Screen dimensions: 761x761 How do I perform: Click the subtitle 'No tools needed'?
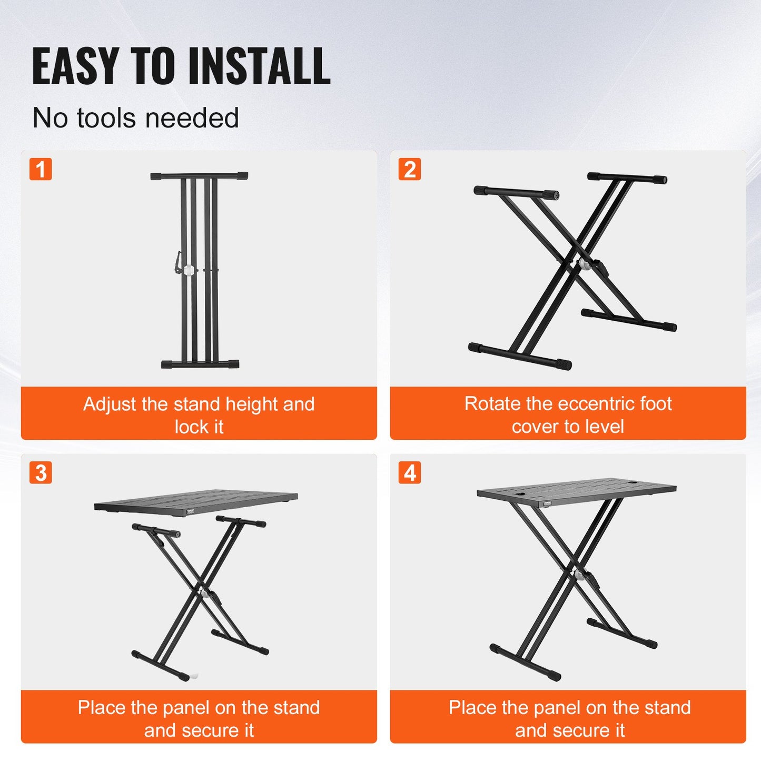click(x=135, y=118)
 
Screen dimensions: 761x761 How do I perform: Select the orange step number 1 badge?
click(x=41, y=170)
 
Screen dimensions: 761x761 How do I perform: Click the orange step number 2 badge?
click(x=410, y=170)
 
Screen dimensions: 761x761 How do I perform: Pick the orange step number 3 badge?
click(x=41, y=473)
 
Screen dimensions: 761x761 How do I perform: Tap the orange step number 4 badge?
click(x=410, y=473)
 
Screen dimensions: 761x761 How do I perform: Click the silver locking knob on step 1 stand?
click(x=189, y=270)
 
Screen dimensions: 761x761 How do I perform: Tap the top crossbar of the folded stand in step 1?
click(x=199, y=176)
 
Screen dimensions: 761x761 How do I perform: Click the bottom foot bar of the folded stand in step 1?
click(x=200, y=364)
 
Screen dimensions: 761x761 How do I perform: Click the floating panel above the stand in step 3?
click(x=196, y=502)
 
